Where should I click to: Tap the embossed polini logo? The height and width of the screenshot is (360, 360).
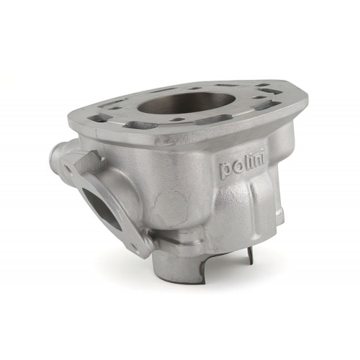[x=241, y=167]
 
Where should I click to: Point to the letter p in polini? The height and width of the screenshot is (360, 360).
[x=225, y=171]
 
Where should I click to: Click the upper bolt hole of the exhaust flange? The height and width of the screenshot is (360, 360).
[x=70, y=168]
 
